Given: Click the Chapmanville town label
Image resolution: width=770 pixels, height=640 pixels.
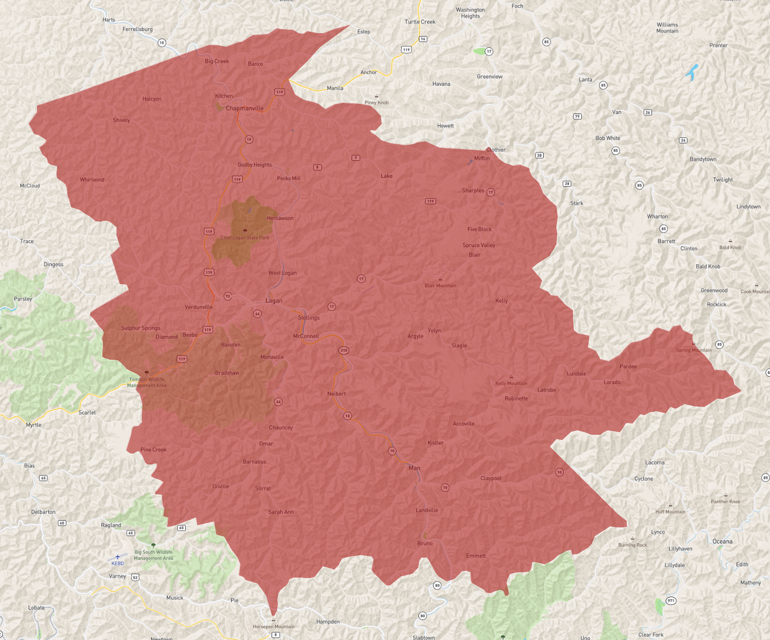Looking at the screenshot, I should (244, 108).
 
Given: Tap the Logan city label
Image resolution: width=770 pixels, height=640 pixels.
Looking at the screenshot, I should (274, 301).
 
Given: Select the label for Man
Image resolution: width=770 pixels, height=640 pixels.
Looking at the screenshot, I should (414, 468).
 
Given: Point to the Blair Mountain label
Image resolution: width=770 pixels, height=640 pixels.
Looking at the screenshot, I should (440, 286).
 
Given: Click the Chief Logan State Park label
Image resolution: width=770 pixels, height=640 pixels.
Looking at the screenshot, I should (245, 238).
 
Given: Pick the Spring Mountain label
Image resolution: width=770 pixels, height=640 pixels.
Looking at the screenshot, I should (693, 350).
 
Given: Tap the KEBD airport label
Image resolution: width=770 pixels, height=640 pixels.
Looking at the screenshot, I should (118, 563).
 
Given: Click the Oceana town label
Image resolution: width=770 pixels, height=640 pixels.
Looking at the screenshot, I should (722, 542).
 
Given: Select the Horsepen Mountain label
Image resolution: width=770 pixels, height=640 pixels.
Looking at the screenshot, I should (274, 627).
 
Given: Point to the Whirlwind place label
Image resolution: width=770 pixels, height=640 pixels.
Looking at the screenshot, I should (92, 180).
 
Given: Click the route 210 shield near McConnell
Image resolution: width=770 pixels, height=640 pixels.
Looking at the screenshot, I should (344, 350).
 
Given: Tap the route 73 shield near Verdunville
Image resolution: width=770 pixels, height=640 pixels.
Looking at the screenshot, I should (228, 296).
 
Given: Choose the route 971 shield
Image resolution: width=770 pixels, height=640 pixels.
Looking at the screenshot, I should (671, 601).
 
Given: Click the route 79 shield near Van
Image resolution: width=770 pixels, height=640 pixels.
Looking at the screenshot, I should (577, 116).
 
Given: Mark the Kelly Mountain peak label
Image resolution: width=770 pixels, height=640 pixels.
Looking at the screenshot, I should (511, 383).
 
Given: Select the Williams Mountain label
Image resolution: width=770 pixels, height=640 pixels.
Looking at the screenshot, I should (667, 28).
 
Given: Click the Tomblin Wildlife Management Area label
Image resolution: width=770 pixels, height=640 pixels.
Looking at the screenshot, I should (147, 382).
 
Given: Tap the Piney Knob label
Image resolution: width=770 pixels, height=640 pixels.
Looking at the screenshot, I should (376, 102).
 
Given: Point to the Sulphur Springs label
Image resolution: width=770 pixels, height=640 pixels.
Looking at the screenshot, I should (140, 328).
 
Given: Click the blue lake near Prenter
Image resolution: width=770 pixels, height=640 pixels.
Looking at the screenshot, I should (692, 72).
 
